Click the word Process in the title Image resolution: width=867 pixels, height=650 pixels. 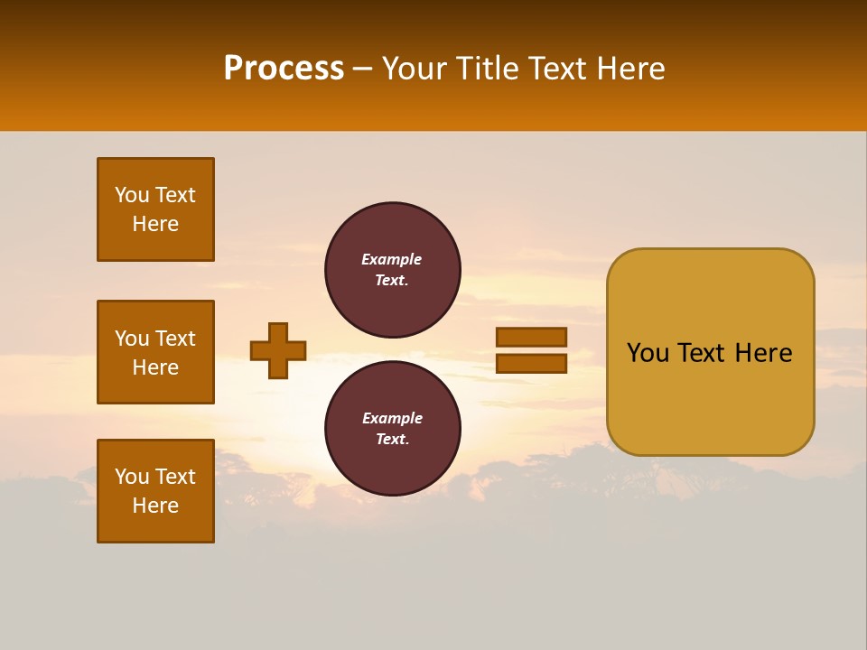(284, 69)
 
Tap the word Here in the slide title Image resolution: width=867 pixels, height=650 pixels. (630, 69)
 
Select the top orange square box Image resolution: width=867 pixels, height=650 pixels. (155, 209)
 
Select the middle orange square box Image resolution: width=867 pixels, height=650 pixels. (155, 352)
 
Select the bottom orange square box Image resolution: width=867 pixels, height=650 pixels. (155, 491)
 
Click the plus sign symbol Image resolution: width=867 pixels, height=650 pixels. (278, 350)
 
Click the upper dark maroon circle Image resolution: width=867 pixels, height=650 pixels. (393, 269)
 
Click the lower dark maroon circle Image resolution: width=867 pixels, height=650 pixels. (393, 428)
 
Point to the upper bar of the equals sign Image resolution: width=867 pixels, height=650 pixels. (532, 338)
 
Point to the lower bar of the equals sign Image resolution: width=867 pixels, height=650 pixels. (532, 363)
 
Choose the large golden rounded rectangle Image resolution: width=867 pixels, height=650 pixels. (710, 351)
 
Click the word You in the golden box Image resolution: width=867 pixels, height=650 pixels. (648, 353)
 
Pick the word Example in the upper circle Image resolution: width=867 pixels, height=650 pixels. (392, 259)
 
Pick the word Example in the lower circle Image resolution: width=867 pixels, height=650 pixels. (392, 418)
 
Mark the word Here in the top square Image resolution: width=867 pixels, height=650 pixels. (155, 224)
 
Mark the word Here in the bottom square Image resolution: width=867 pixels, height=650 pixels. (155, 506)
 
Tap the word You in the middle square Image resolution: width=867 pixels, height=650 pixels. (131, 339)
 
